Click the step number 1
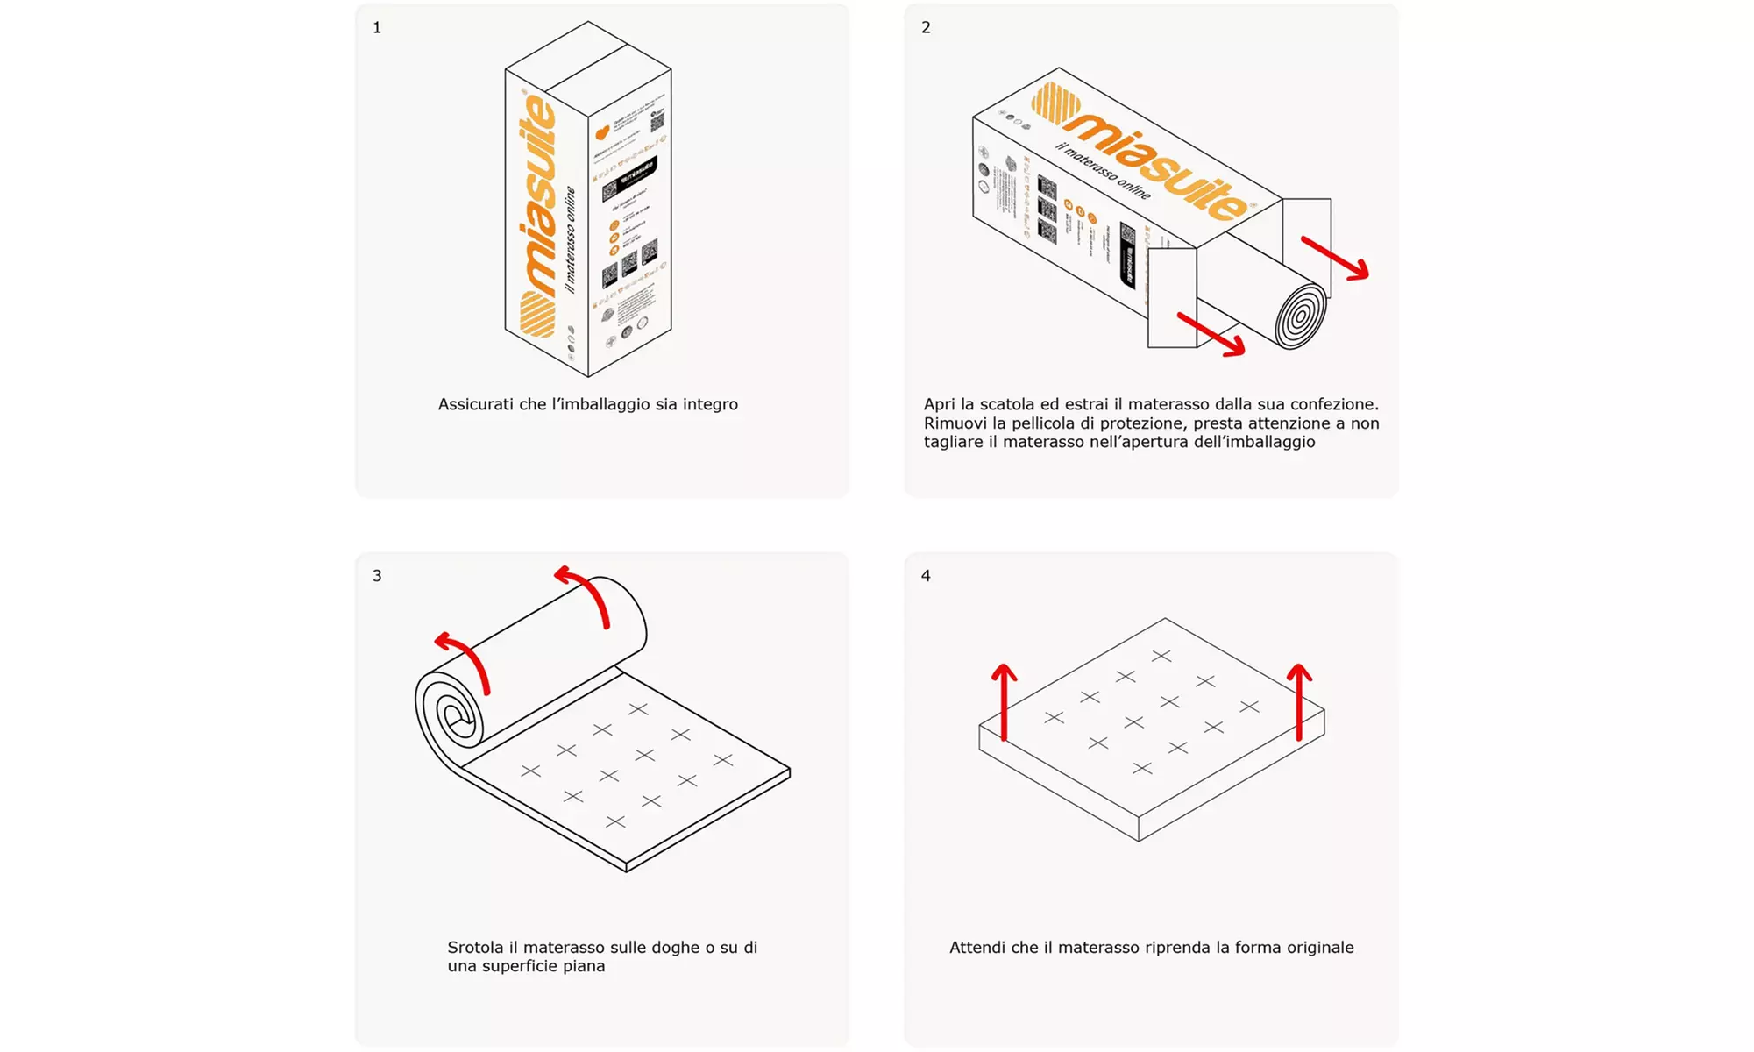tap(377, 28)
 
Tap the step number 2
tap(926, 28)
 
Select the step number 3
tap(377, 576)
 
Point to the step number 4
tap(926, 576)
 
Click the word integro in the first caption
tap(710, 404)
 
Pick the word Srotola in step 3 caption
tap(475, 948)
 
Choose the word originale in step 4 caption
tap(1320, 948)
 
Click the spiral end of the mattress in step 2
tap(1301, 316)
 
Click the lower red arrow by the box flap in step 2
tap(1211, 334)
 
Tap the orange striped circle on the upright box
tap(537, 314)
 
